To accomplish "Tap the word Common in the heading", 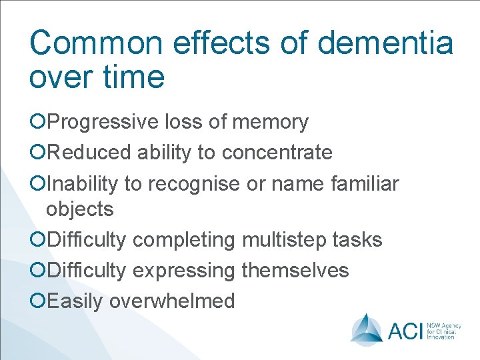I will pyautogui.click(x=95, y=43).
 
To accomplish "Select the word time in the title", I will pyautogui.click(x=133, y=76).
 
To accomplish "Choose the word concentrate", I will pyautogui.click(x=277, y=153).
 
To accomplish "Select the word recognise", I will pyautogui.click(x=194, y=183).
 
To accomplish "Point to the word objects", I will pyautogui.click(x=79, y=209).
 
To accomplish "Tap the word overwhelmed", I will pyautogui.click(x=172, y=301).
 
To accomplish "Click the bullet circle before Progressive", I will pyautogui.click(x=38, y=122).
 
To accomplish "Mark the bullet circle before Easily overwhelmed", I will pyautogui.click(x=38, y=301).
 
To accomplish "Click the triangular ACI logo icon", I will pyautogui.click(x=367, y=329).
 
